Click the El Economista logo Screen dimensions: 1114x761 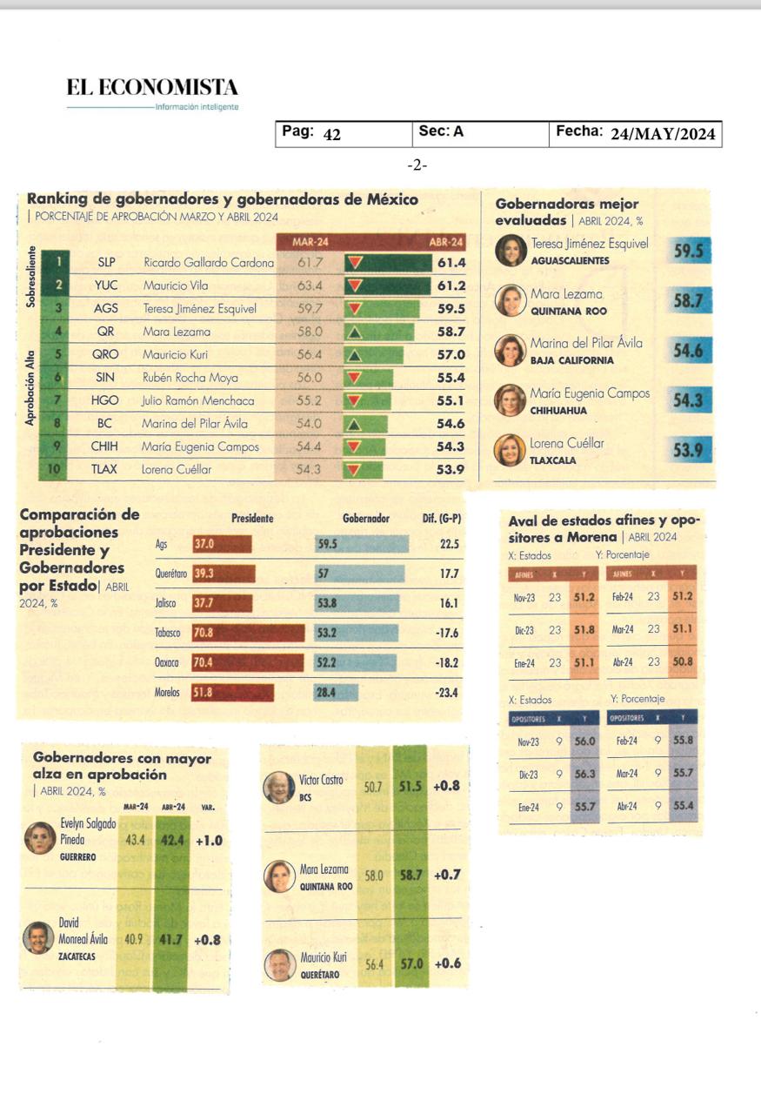[x=152, y=88]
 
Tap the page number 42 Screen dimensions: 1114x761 [x=332, y=135]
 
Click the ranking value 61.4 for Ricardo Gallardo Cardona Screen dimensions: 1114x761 [x=451, y=262]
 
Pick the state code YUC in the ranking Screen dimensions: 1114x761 [x=106, y=285]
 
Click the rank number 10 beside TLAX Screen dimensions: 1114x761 [x=56, y=470]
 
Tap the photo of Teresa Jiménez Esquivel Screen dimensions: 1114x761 [x=511, y=251]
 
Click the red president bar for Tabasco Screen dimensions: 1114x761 [x=249, y=633]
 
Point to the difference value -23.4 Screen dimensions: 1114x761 [x=446, y=694]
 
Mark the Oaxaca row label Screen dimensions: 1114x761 [x=167, y=663]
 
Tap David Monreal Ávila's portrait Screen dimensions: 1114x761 [x=38, y=937]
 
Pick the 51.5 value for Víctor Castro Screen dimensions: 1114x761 [x=410, y=786]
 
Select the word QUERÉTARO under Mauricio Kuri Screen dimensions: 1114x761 [x=319, y=975]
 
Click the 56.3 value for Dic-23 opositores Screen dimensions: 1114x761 [x=584, y=774]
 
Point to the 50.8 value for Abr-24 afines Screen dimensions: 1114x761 [x=683, y=662]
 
